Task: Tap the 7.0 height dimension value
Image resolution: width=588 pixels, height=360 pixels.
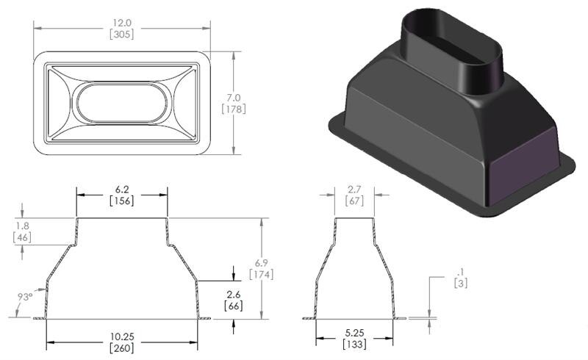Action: click(233, 97)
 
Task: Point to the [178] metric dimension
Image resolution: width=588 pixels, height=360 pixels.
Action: click(233, 109)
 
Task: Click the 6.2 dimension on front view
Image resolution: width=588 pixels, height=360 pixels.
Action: click(122, 189)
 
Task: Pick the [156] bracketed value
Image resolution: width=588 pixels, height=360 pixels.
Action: click(122, 201)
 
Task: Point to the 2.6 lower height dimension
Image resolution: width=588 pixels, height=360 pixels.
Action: click(234, 293)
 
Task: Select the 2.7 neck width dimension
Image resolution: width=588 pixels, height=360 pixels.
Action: click(354, 189)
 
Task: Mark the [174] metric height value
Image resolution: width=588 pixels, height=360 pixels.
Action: click(261, 275)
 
